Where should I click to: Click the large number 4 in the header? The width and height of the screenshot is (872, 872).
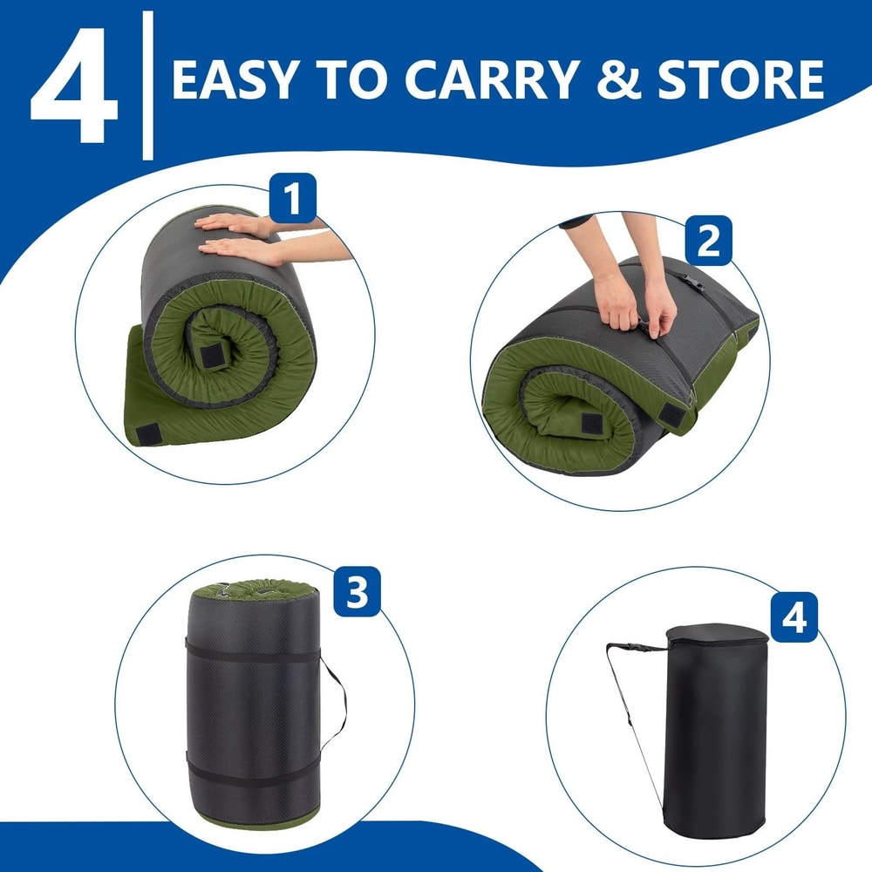(73, 87)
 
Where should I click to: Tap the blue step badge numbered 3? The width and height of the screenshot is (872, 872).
(356, 592)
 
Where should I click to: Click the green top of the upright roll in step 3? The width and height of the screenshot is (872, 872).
(253, 589)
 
